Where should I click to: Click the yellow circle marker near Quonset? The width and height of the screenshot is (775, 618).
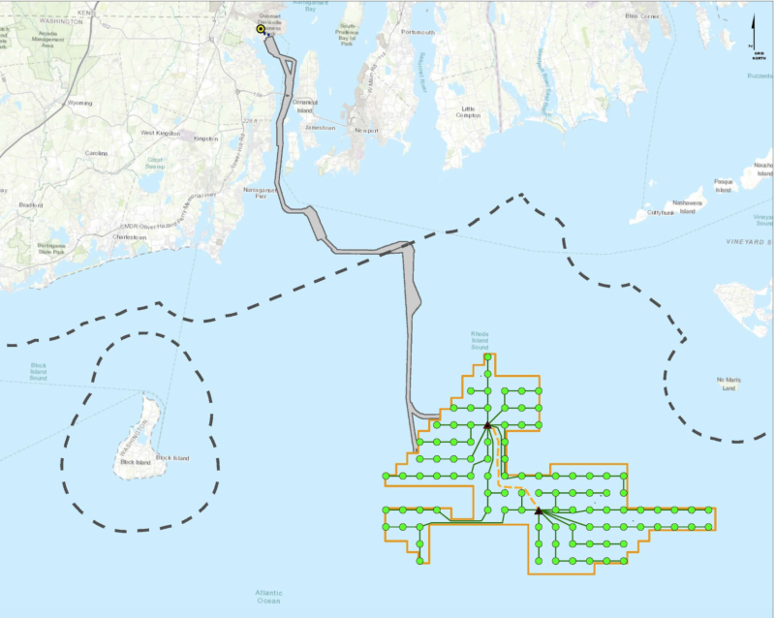261,29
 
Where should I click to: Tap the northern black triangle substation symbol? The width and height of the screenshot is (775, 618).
487,424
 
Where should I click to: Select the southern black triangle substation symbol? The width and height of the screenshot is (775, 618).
539,510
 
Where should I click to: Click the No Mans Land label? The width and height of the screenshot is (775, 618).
728,385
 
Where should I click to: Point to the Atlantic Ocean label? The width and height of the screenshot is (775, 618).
268,595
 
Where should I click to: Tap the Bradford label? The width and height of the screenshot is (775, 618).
32,204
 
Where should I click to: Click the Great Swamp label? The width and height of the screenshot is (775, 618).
155,164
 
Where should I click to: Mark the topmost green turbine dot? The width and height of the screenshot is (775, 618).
487,357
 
